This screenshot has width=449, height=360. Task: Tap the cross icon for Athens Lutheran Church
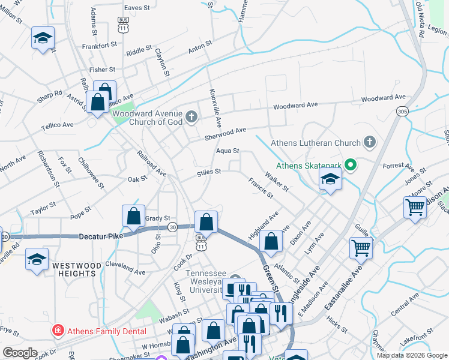tap(370, 143)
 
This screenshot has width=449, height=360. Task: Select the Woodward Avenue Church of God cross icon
tap(191, 117)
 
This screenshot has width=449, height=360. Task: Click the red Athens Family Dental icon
tap(57, 329)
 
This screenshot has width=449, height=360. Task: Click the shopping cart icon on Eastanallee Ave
tap(361, 247)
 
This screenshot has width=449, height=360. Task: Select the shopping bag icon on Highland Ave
tap(272, 242)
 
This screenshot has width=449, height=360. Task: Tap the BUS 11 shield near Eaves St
tap(123, 24)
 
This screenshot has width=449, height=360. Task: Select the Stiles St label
tap(209, 172)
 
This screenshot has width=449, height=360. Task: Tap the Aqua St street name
tap(228, 151)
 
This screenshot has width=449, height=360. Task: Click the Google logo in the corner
tap(20, 353)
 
